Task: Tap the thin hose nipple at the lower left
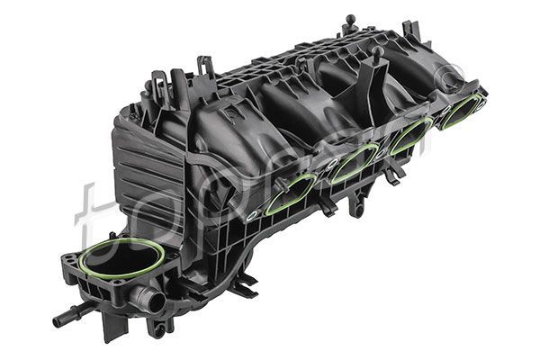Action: (64, 318)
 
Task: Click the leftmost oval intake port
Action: (291, 192)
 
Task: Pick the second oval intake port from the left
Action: (353, 162)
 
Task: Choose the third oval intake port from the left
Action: (411, 134)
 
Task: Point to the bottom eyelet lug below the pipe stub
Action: (158, 328)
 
